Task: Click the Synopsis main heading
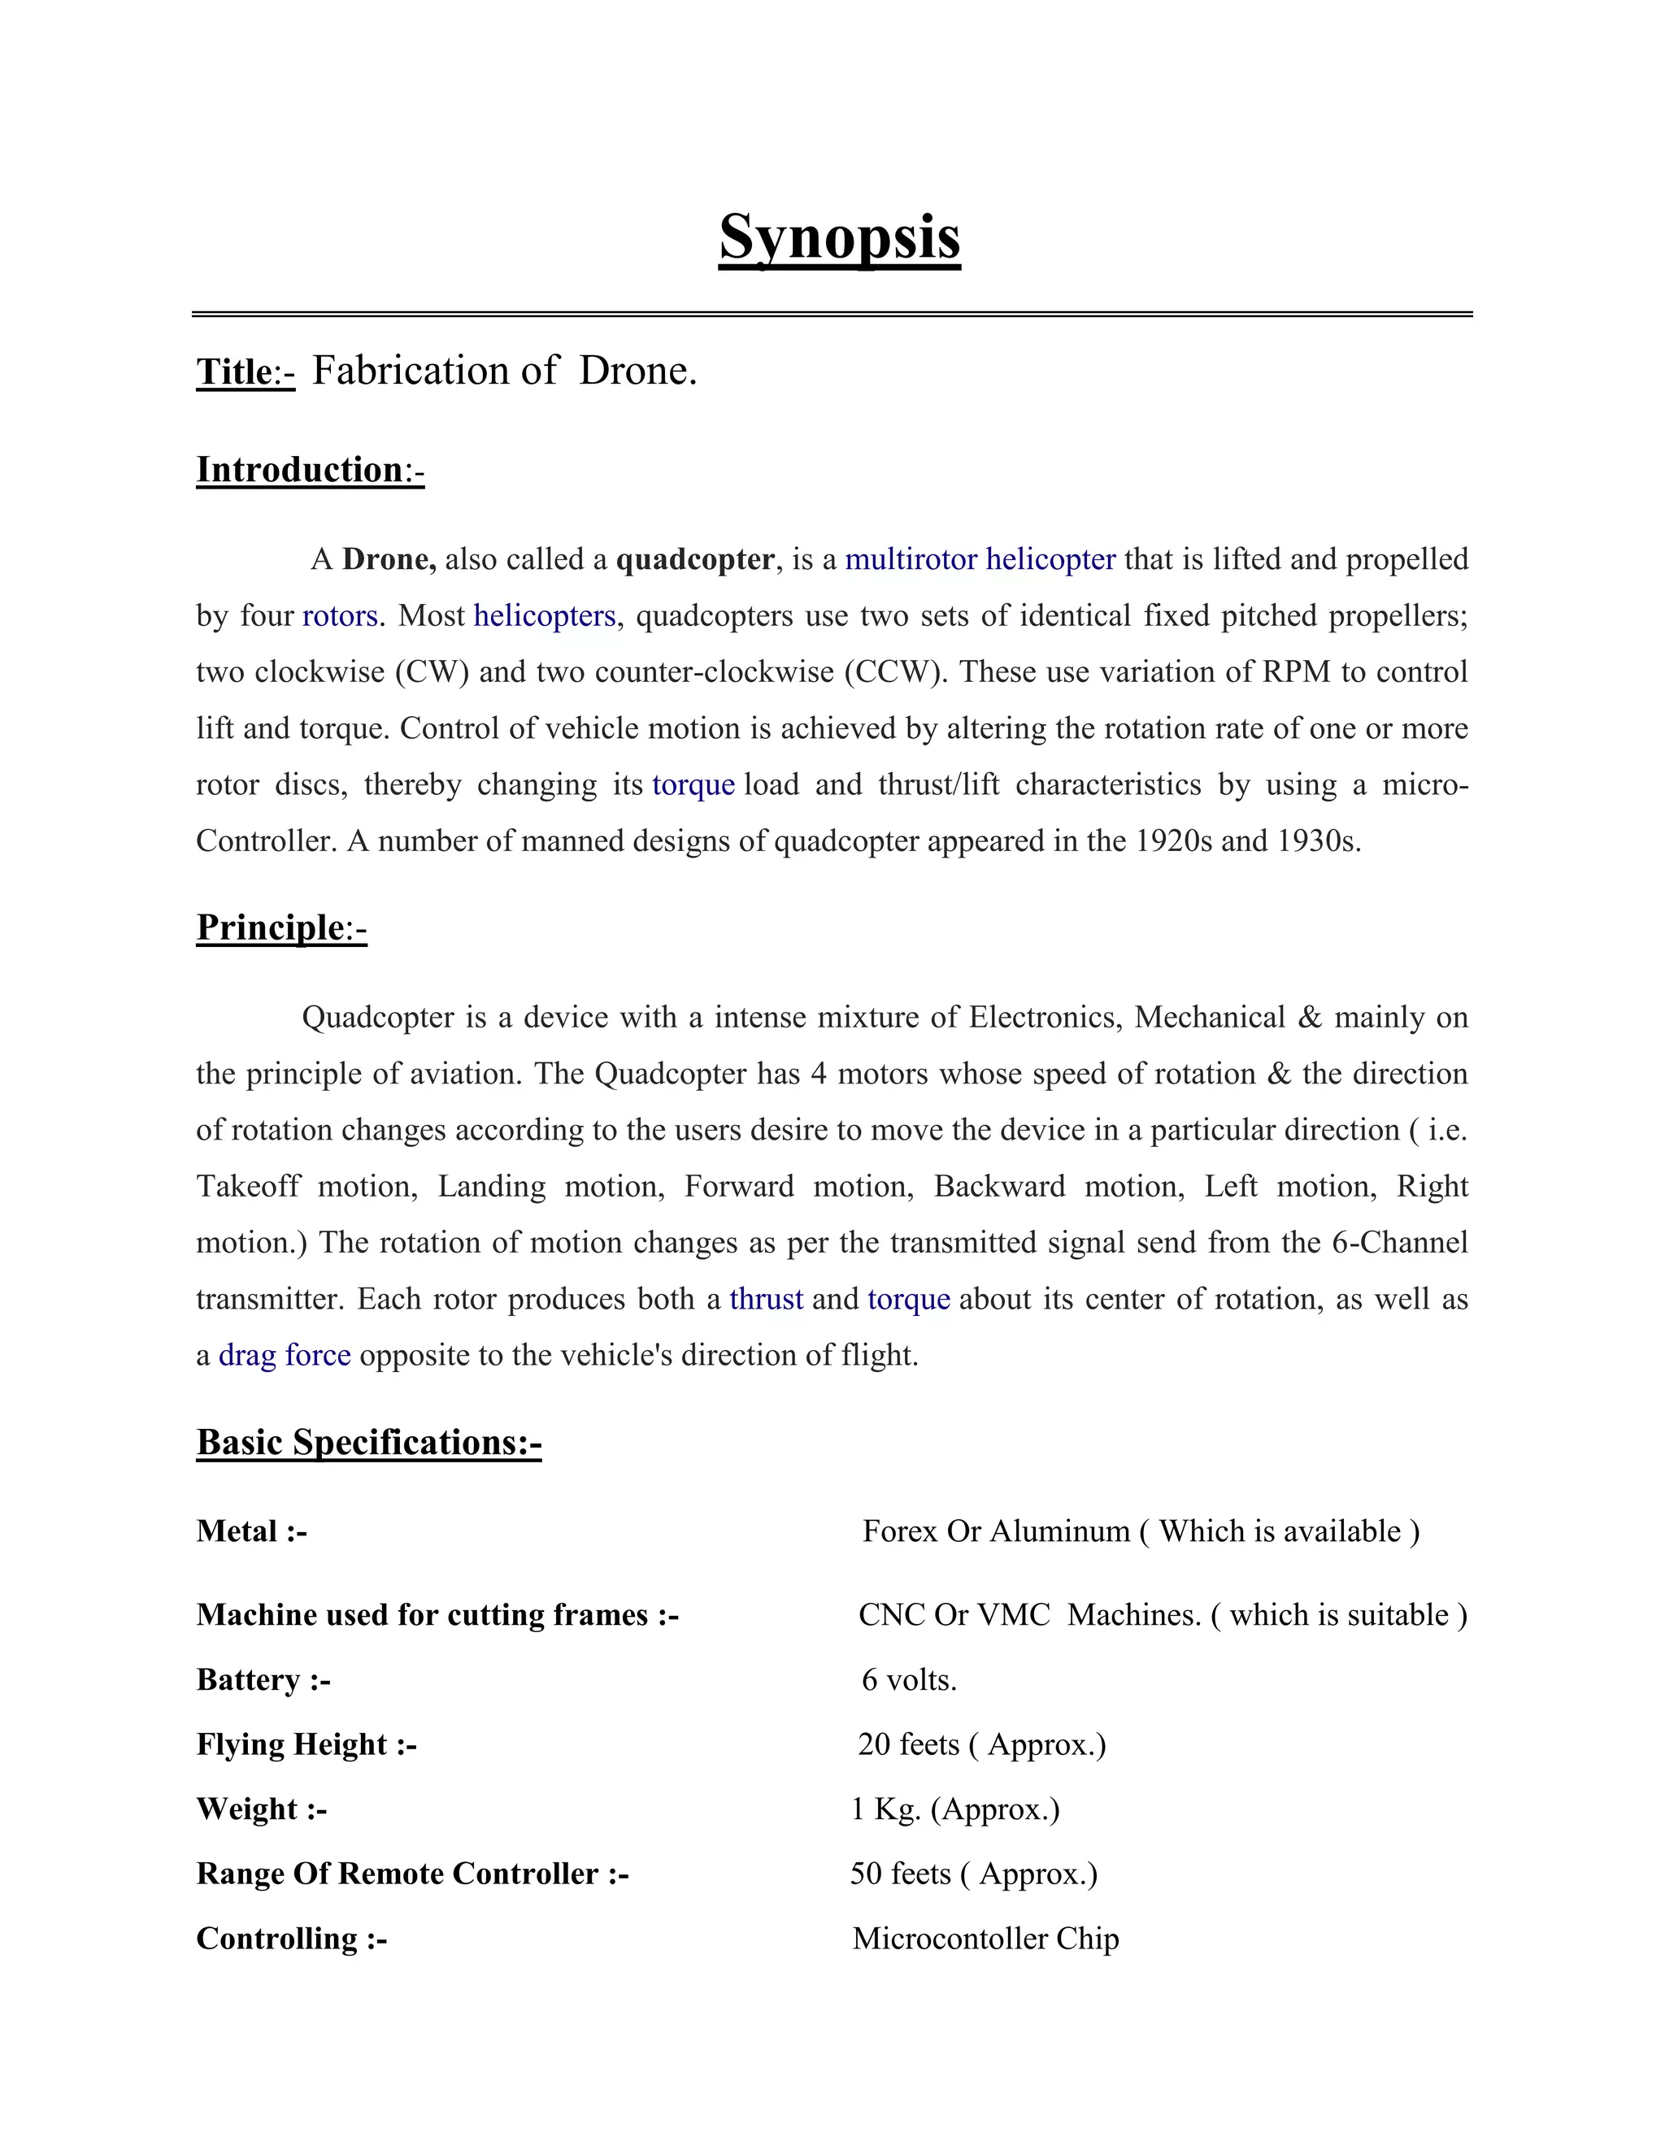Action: [x=839, y=237]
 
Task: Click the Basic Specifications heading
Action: [x=369, y=1442]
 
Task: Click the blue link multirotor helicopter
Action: [x=980, y=559]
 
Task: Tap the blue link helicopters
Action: [x=545, y=615]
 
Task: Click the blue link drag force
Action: [x=284, y=1355]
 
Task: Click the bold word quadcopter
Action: [x=694, y=559]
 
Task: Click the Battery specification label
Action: [x=263, y=1679]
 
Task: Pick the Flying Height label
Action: [x=306, y=1744]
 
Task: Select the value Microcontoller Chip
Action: [x=985, y=1939]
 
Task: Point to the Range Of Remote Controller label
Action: [x=412, y=1874]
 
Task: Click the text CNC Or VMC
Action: [x=954, y=1614]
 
